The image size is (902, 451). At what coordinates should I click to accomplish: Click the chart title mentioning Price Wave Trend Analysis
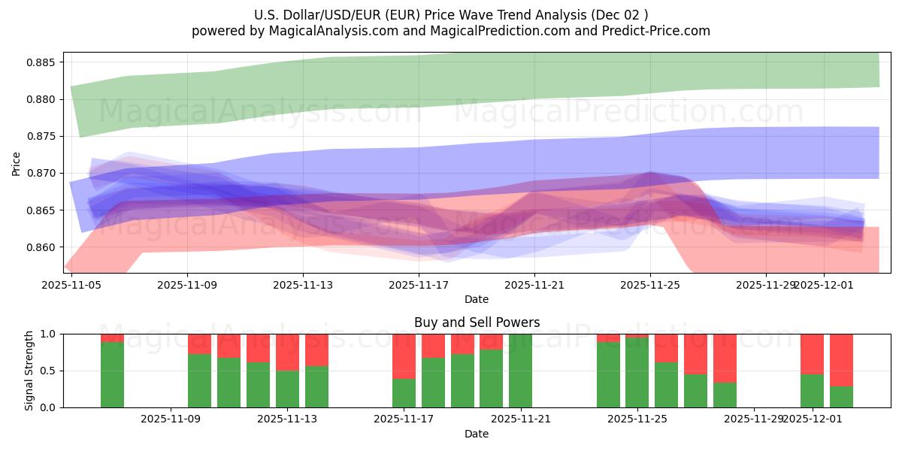[451, 14]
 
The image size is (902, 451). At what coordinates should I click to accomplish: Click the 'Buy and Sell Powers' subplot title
[477, 322]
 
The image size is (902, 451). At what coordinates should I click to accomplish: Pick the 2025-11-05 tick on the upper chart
[71, 285]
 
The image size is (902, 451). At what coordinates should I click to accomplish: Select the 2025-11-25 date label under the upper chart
[650, 285]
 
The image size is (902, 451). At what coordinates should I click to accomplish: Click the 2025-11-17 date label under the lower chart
[404, 419]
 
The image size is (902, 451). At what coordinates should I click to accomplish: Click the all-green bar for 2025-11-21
[520, 371]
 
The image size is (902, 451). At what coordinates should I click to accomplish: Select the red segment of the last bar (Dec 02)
[841, 359]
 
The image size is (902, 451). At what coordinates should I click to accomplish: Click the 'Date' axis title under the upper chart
[477, 299]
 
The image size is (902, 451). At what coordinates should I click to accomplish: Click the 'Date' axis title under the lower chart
[477, 434]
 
